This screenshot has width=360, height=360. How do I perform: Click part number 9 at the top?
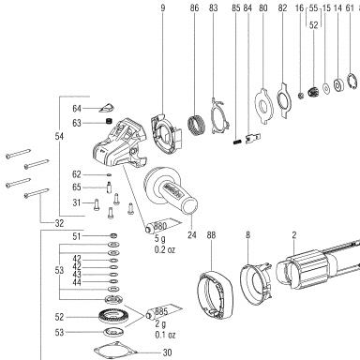click(163, 7)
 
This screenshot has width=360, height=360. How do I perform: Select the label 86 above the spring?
click(194, 7)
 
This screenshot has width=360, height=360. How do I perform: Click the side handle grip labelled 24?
click(171, 190)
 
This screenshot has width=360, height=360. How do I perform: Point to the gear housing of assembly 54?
click(120, 142)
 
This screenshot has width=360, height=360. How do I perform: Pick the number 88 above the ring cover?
click(211, 235)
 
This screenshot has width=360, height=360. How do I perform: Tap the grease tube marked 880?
click(163, 226)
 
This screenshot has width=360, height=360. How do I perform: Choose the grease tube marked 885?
click(163, 312)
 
